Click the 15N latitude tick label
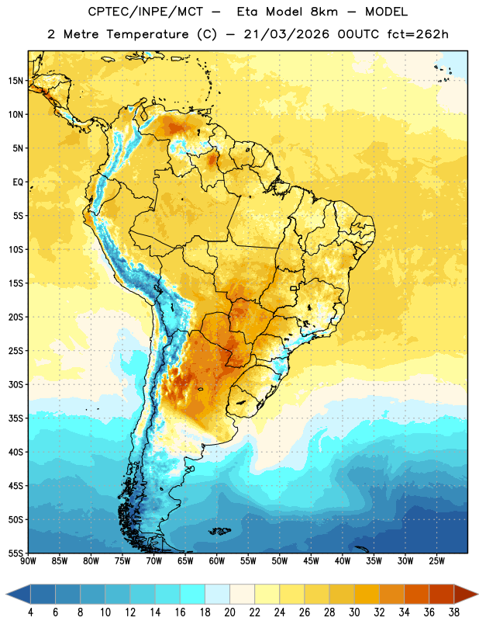[16, 81]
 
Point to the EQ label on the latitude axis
[18, 182]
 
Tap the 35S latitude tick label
[16, 418]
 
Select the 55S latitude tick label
[16, 553]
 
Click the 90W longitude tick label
[28, 560]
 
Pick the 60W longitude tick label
[217, 560]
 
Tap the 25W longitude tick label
[436, 560]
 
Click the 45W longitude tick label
[311, 560]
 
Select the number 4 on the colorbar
[30, 612]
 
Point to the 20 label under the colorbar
[229, 612]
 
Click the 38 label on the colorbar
[454, 612]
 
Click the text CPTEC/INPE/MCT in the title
[145, 12]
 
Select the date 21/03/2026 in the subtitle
[287, 34]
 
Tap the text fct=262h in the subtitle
[418, 34]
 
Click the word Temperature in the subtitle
[147, 35]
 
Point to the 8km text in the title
[324, 12]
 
